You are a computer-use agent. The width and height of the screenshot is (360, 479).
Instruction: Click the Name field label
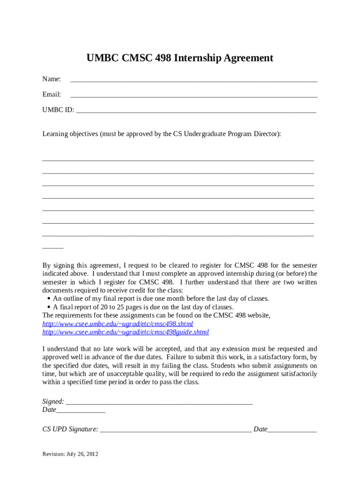pyautogui.click(x=51, y=80)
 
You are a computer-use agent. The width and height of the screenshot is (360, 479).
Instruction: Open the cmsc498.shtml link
pyautogui.click(x=118, y=324)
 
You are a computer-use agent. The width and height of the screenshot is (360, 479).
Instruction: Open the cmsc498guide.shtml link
pyautogui.click(x=126, y=332)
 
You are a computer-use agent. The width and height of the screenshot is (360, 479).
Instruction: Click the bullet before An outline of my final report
pyautogui.click(x=49, y=298)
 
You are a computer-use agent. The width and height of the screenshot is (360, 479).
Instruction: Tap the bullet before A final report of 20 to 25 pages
pyautogui.click(x=49, y=307)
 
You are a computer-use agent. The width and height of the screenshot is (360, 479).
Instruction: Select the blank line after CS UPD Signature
pyautogui.click(x=175, y=430)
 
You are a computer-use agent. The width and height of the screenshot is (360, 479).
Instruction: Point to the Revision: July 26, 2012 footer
pyautogui.click(x=70, y=454)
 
